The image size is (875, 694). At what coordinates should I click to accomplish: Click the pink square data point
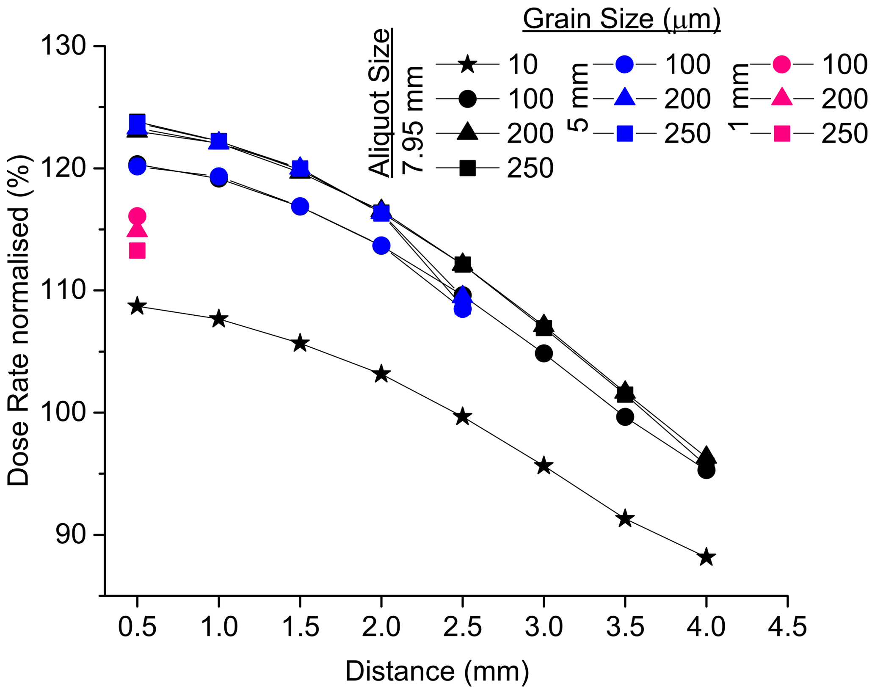click(x=137, y=251)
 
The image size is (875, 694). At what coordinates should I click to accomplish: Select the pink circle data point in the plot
click(x=137, y=217)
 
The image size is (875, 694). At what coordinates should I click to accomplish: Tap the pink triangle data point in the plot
click(x=137, y=230)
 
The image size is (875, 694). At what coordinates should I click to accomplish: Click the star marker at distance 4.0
click(x=706, y=557)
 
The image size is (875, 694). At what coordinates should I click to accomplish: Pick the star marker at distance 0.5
click(x=137, y=306)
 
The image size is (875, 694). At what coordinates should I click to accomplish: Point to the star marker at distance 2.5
click(x=462, y=416)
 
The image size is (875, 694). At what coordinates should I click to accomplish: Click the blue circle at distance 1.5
click(x=300, y=206)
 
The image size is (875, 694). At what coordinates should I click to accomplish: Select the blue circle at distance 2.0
click(x=381, y=245)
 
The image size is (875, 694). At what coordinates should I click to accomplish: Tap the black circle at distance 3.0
click(x=544, y=353)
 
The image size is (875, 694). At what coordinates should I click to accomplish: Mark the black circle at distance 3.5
click(x=625, y=417)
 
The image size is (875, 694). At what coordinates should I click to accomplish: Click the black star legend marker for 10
click(x=467, y=64)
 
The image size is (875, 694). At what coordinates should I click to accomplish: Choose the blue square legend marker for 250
click(x=625, y=134)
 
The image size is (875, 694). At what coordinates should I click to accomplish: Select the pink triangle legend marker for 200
click(x=781, y=98)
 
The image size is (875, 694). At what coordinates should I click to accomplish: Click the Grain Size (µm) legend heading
click(x=621, y=19)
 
